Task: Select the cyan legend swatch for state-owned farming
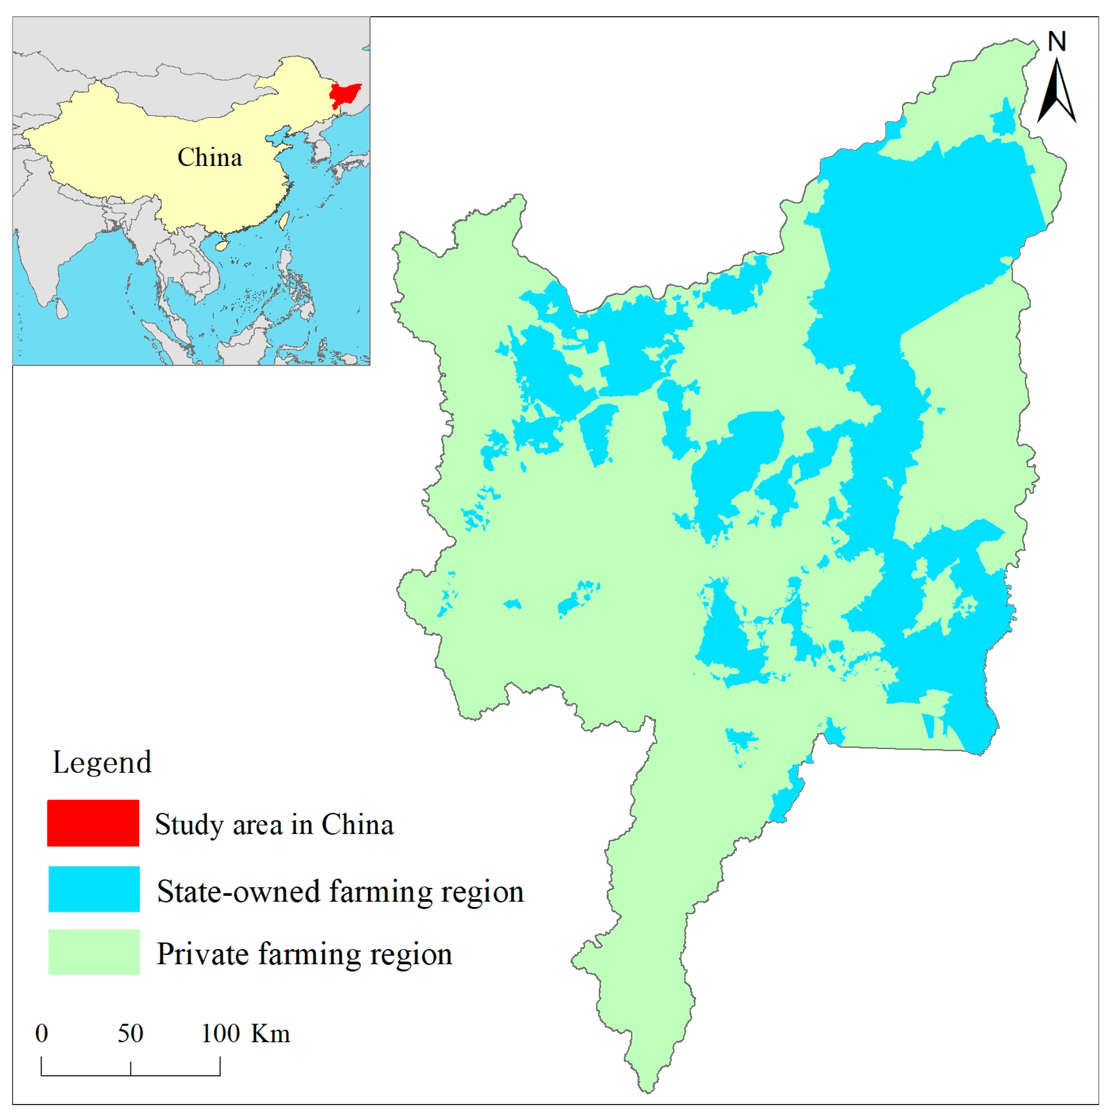pyautogui.click(x=94, y=889)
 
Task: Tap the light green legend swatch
pyautogui.click(x=94, y=952)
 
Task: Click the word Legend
pyautogui.click(x=102, y=763)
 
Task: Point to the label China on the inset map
pyautogui.click(x=209, y=157)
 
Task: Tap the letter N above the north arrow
pyautogui.click(x=1057, y=41)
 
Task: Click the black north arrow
pyautogui.click(x=1057, y=93)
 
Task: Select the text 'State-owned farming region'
pyautogui.click(x=340, y=891)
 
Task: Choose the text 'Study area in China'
pyautogui.click(x=274, y=825)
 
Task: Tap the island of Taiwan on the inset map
pyautogui.click(x=284, y=220)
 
